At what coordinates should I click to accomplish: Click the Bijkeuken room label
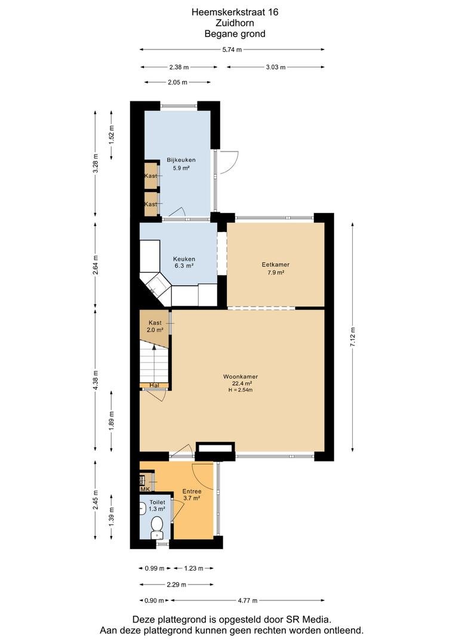tap(181, 160)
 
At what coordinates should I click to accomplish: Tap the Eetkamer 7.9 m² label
tap(276, 268)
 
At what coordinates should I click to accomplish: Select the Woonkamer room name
tap(241, 376)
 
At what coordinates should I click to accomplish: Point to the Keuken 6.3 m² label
tap(184, 262)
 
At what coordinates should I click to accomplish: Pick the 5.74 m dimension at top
tap(232, 49)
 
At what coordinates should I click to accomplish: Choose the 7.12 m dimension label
tap(352, 337)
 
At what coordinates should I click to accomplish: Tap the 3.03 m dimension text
tap(276, 67)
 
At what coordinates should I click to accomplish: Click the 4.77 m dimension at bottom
tap(248, 600)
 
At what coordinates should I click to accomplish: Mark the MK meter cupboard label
tap(144, 489)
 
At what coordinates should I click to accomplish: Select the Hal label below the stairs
tap(154, 385)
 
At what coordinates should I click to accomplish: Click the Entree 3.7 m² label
tap(192, 494)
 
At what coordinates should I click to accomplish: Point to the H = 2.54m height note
tap(241, 390)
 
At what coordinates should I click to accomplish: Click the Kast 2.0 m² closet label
tap(155, 326)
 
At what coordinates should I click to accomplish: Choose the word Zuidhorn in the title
tap(235, 23)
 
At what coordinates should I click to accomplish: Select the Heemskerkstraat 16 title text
tap(235, 12)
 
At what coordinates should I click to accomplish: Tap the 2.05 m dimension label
tap(177, 82)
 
